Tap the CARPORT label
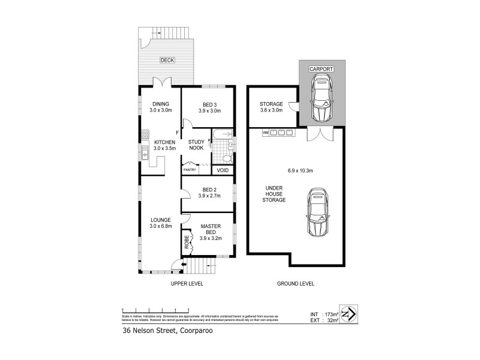coord(321,70)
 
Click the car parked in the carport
coord(321,99)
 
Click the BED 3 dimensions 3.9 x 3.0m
coord(207,110)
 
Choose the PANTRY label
coord(190,170)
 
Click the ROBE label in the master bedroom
coord(187,244)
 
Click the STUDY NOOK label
coord(196,145)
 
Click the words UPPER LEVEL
coord(188,283)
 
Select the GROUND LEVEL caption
coord(295,283)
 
